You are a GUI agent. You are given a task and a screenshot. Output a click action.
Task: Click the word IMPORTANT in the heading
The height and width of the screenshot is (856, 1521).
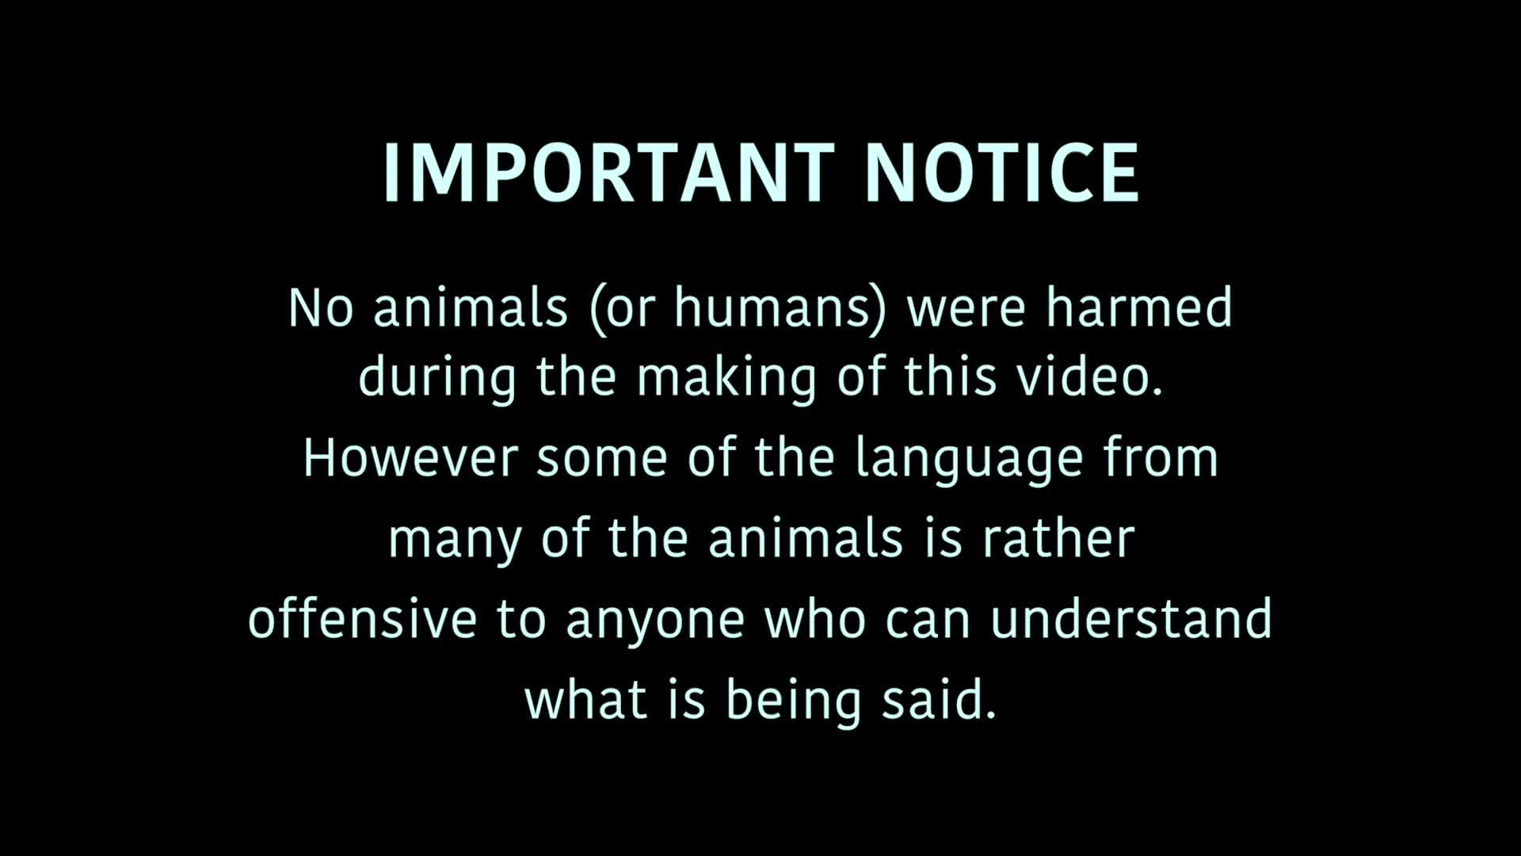coord(608,173)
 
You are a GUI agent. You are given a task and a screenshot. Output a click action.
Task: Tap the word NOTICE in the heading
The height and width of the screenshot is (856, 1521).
coord(1003,173)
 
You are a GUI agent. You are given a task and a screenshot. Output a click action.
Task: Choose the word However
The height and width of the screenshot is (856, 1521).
coord(411,458)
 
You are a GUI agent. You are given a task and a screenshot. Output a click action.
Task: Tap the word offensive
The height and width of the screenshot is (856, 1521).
coord(363,618)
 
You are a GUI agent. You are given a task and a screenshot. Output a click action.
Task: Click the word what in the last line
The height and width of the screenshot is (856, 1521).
coord(585,699)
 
